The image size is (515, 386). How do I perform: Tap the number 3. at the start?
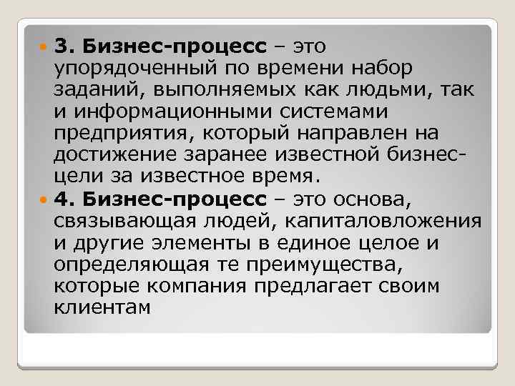(x=62, y=47)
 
